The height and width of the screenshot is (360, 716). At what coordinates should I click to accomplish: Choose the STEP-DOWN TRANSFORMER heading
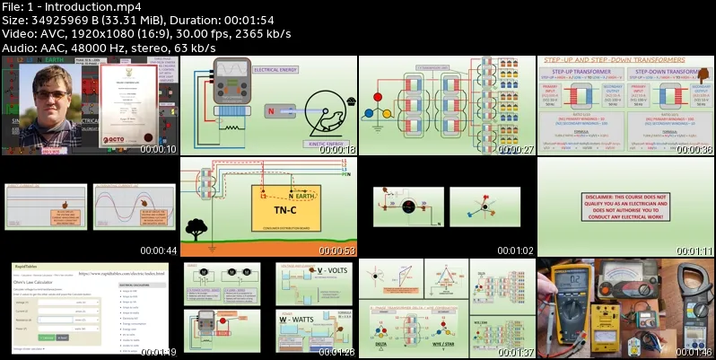668,71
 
